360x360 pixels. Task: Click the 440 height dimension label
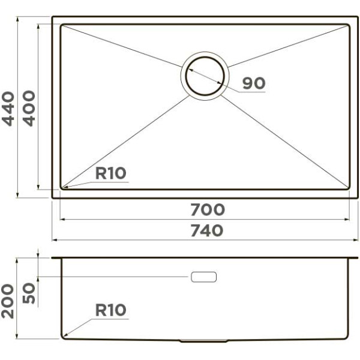[8, 109]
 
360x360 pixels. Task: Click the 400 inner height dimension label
[29, 109]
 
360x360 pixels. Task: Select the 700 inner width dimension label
[208, 209]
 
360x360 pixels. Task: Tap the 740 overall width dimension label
[207, 230]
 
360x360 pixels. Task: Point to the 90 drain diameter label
[254, 83]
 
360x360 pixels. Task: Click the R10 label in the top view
[110, 173]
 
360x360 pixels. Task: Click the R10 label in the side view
[110, 310]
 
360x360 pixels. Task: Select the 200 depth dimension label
[8, 301]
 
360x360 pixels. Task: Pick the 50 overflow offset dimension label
[29, 293]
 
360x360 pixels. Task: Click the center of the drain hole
[205, 76]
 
